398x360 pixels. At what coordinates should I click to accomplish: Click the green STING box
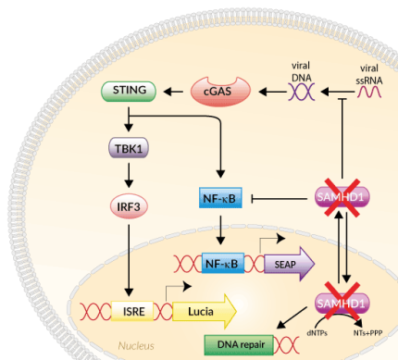(128, 91)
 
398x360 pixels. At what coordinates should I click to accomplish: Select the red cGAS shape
(220, 91)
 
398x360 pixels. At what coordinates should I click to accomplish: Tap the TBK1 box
(128, 148)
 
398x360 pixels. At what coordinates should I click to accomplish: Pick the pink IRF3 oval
(128, 205)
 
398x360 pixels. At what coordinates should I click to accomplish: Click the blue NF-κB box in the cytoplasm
(220, 197)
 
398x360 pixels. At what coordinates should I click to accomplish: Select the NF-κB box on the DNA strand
(219, 264)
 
